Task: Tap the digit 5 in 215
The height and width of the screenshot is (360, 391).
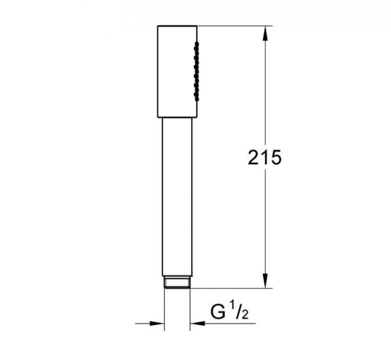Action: point(275,158)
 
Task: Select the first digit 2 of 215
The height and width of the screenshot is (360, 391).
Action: point(253,158)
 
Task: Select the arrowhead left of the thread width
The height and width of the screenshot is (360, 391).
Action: point(156,323)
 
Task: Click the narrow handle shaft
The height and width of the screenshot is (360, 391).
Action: point(176,195)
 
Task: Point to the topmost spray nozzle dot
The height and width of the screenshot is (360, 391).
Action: point(196,44)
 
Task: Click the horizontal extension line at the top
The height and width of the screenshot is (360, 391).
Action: point(235,24)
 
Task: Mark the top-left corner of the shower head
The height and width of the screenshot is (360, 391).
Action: point(158,25)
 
